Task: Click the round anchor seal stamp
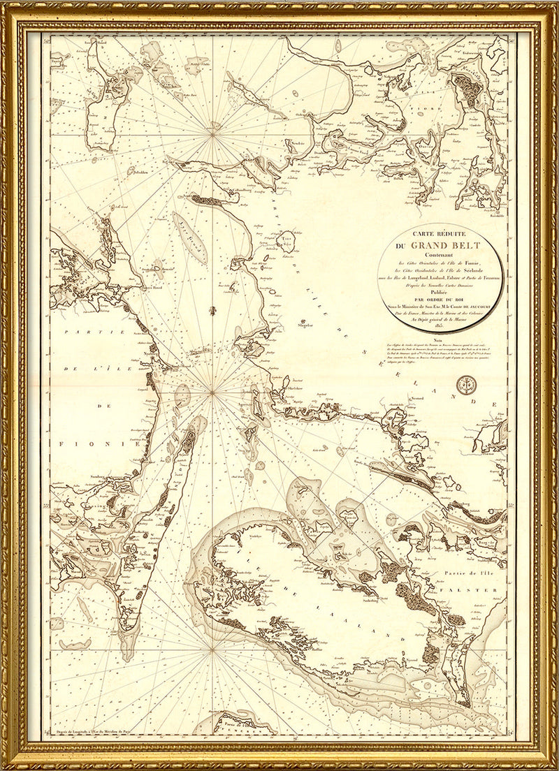click(x=463, y=383)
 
